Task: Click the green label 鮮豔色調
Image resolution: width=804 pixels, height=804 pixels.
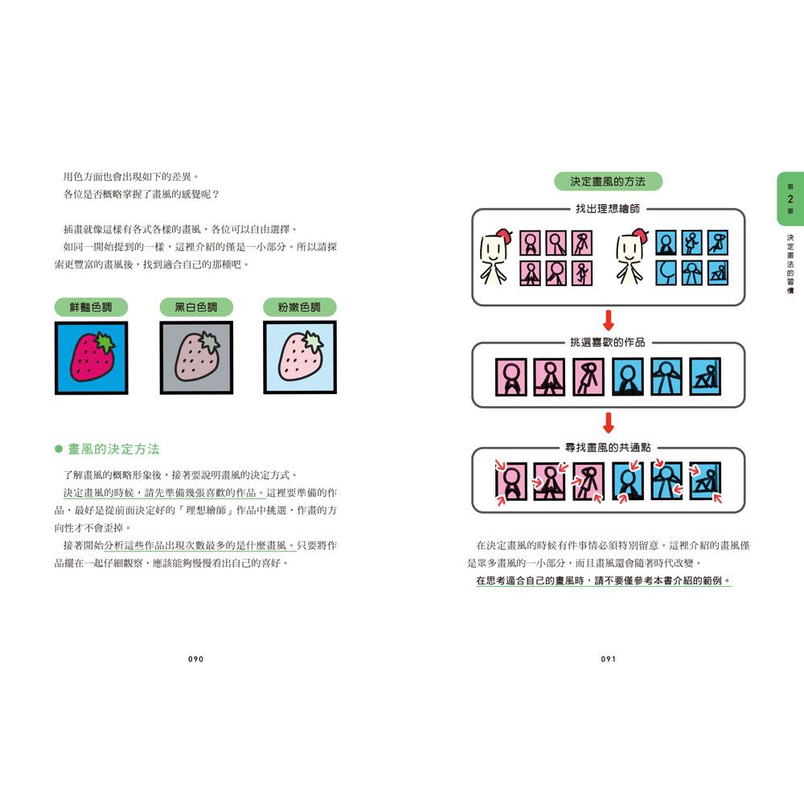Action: point(91,307)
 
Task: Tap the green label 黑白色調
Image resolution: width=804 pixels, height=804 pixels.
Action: point(196,307)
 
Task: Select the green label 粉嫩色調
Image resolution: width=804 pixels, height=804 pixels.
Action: point(299,307)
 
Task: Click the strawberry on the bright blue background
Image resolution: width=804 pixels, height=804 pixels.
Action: point(93,357)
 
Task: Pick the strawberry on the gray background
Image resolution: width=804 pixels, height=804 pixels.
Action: point(198,357)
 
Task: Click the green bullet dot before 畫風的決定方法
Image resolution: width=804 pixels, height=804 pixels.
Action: point(59,449)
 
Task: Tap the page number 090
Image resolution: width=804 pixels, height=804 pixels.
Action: point(196,659)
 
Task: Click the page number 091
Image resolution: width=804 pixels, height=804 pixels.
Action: point(609,659)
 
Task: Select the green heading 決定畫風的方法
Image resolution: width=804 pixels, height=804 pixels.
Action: point(608,182)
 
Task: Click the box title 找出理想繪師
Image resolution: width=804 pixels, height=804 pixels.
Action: point(608,209)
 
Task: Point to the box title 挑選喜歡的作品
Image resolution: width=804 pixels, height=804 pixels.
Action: point(608,342)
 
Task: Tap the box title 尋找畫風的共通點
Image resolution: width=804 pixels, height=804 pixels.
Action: point(608,448)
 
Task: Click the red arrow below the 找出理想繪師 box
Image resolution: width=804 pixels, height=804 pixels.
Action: point(609,321)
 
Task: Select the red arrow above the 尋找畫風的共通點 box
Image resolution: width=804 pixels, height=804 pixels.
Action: point(609,423)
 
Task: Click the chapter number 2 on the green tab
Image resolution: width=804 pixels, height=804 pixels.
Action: point(790,199)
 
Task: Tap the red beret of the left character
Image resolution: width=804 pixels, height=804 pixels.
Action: point(505,236)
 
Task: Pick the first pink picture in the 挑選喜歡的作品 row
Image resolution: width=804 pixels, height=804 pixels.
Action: point(511,377)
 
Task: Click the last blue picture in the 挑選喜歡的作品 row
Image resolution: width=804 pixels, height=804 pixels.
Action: point(705,377)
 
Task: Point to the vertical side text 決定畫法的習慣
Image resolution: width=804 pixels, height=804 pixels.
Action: point(790,264)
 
